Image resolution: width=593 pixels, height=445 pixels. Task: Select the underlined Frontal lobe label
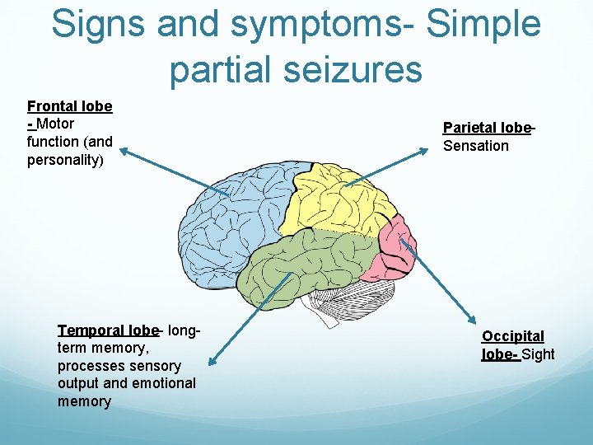click(x=70, y=106)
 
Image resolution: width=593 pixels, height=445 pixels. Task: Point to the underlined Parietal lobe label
click(x=487, y=128)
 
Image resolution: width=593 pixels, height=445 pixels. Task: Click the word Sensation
click(x=476, y=146)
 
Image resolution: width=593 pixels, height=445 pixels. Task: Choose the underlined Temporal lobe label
click(x=108, y=330)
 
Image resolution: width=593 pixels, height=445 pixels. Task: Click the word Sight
click(x=539, y=354)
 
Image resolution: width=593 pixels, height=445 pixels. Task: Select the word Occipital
click(x=513, y=336)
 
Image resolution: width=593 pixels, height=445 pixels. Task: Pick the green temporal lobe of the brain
click(x=313, y=264)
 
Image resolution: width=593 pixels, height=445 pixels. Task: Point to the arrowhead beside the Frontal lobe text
click(x=124, y=151)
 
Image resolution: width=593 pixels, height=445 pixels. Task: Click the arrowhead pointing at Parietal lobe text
click(x=434, y=148)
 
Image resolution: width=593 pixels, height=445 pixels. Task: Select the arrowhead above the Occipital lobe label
click(x=474, y=324)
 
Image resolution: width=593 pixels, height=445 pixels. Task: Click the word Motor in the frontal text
click(x=55, y=124)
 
